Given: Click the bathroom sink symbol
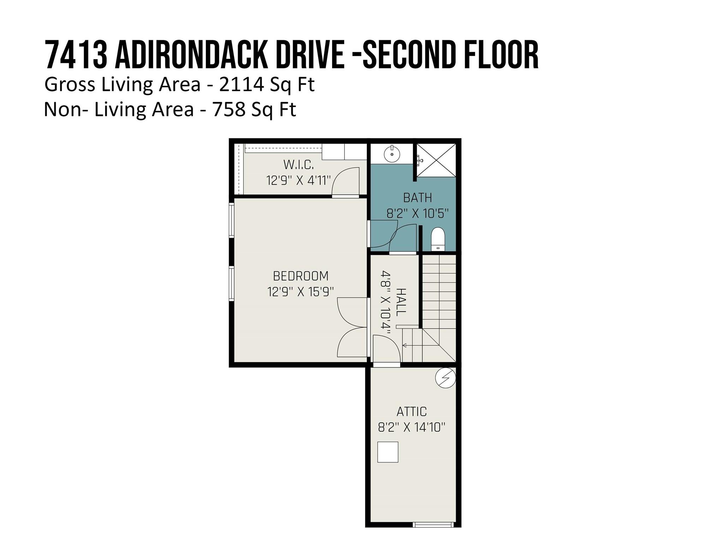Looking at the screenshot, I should (392, 153).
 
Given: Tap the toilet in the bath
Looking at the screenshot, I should (438, 239).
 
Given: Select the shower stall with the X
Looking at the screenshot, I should (436, 160).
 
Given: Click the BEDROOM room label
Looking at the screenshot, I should (300, 276).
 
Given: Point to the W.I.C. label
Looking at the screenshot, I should (298, 164).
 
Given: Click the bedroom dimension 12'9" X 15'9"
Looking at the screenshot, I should (300, 292).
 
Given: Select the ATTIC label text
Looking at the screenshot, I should (411, 411).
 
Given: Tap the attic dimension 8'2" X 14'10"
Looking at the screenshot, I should (411, 427).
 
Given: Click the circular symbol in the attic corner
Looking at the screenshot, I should (445, 378).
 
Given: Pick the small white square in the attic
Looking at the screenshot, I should (388, 452).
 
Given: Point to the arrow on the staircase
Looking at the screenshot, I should (405, 345).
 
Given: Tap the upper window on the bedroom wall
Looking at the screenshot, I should (232, 220).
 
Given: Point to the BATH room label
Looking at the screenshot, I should (417, 198).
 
